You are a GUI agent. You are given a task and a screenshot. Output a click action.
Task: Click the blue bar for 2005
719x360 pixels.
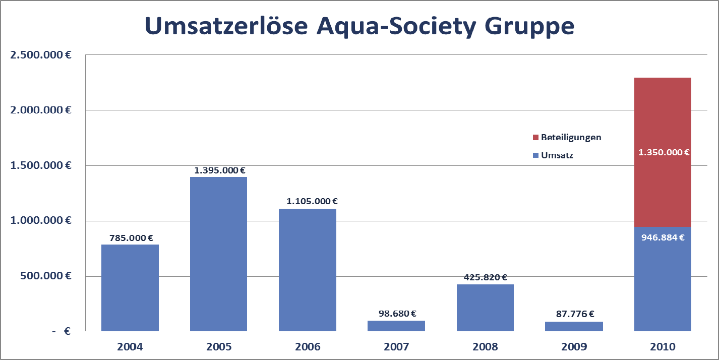tap(218, 254)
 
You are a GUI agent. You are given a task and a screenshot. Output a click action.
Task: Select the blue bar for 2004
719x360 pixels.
tap(130, 288)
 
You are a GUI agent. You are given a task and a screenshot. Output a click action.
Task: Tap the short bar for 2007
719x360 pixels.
tap(396, 326)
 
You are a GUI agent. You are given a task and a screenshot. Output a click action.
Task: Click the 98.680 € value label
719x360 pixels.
tap(397, 314)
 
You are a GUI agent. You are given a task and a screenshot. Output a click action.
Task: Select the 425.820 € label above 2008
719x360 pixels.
tap(485, 277)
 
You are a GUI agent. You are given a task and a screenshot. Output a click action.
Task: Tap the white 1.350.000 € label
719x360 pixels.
tap(664, 152)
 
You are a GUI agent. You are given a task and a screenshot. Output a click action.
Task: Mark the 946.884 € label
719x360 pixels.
tap(663, 237)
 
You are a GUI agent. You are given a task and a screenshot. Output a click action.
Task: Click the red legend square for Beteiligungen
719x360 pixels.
tap(535, 137)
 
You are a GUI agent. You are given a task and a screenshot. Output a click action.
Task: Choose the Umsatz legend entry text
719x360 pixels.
tap(557, 155)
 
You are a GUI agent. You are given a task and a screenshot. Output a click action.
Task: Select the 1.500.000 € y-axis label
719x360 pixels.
tap(40, 165)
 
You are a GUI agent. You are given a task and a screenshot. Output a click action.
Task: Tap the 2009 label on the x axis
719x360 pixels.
tap(574, 347)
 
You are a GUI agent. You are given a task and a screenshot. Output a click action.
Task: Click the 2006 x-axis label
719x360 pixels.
tap(308, 347)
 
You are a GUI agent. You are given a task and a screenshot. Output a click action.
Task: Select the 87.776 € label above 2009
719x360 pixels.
tap(574, 314)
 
